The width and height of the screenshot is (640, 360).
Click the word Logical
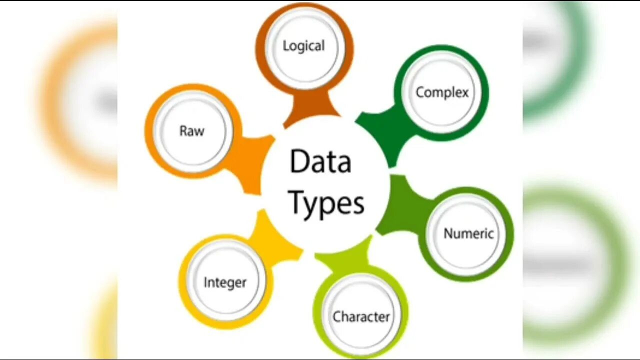[x=303, y=46]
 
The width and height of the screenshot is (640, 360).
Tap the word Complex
[x=442, y=92]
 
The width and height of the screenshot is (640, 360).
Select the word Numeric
[x=468, y=233]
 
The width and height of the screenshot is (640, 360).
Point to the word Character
[x=361, y=316]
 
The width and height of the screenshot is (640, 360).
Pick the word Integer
[x=225, y=282]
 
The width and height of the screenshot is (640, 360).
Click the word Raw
[x=192, y=131]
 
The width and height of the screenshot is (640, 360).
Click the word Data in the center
[x=320, y=162]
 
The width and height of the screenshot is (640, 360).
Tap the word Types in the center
[x=326, y=203]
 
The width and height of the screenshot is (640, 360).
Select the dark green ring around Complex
[x=482, y=92]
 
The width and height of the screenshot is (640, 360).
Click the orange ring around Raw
[x=150, y=131]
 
